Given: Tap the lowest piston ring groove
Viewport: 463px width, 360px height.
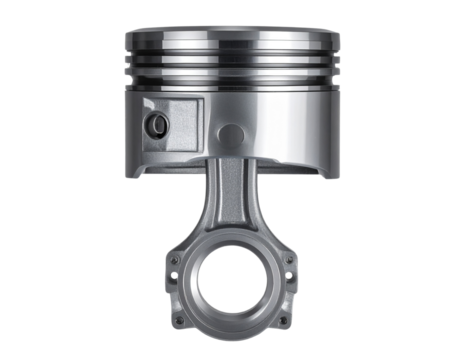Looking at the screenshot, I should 231,76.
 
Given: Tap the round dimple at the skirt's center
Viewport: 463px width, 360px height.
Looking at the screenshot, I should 231,132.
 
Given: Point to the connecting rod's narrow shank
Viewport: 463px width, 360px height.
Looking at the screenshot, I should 231,205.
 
